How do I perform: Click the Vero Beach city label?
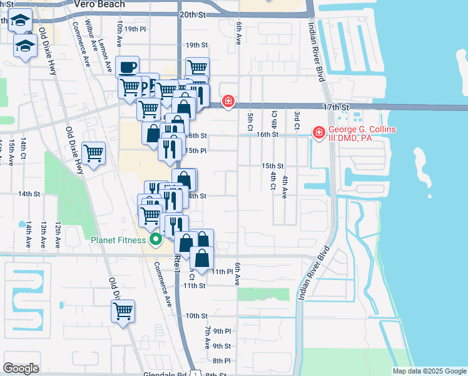[x=99, y=4]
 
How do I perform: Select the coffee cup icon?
[x=128, y=67]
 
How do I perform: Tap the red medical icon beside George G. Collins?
[x=318, y=132]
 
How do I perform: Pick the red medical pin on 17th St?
[x=228, y=101]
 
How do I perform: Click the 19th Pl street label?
[x=135, y=29]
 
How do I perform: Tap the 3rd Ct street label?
[x=297, y=117]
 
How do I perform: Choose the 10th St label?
[x=196, y=316]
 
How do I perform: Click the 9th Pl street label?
[x=221, y=331]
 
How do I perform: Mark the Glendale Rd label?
[x=168, y=373]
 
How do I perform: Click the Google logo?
[x=21, y=368]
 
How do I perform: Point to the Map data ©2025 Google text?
[x=429, y=371]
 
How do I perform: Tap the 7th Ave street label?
[x=207, y=337]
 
